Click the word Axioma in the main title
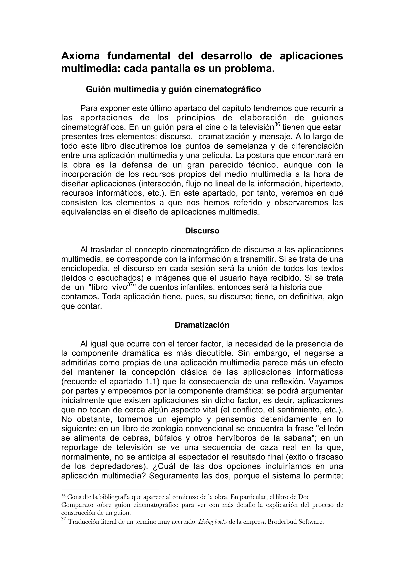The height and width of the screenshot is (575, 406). pyautogui.click(x=80, y=56)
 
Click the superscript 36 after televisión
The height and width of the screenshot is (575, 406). pyautogui.click(x=277, y=124)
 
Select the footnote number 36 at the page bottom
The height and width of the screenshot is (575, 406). pyautogui.click(x=63, y=496)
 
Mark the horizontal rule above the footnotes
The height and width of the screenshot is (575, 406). pyautogui.click(x=110, y=489)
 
